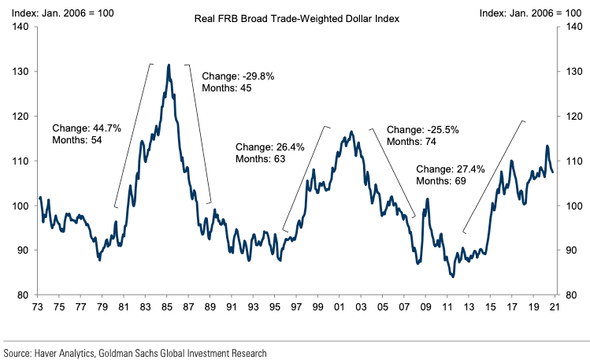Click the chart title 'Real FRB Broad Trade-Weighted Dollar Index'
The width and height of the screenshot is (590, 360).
coord(295,16)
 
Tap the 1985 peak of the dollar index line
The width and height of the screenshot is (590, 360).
coord(169,65)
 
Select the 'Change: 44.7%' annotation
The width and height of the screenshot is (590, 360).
coord(87,128)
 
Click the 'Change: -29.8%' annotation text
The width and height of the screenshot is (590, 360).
coord(237,76)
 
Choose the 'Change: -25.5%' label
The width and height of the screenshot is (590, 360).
coord(422,129)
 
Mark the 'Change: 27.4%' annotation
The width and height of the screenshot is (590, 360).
coord(450,169)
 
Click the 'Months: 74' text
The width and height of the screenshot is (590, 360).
coord(414,141)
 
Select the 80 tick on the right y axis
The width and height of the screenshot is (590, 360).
coord(568,295)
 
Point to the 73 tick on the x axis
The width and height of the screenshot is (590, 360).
coord(38,308)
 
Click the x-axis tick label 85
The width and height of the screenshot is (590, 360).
coord(167,308)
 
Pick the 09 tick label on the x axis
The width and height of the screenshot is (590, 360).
coord(426,308)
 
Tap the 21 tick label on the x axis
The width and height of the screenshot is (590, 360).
coord(556,308)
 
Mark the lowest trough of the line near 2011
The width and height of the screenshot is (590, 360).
coord(452,276)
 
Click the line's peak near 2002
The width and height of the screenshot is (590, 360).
coord(351,132)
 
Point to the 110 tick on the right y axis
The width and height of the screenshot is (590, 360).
coord(570,161)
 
